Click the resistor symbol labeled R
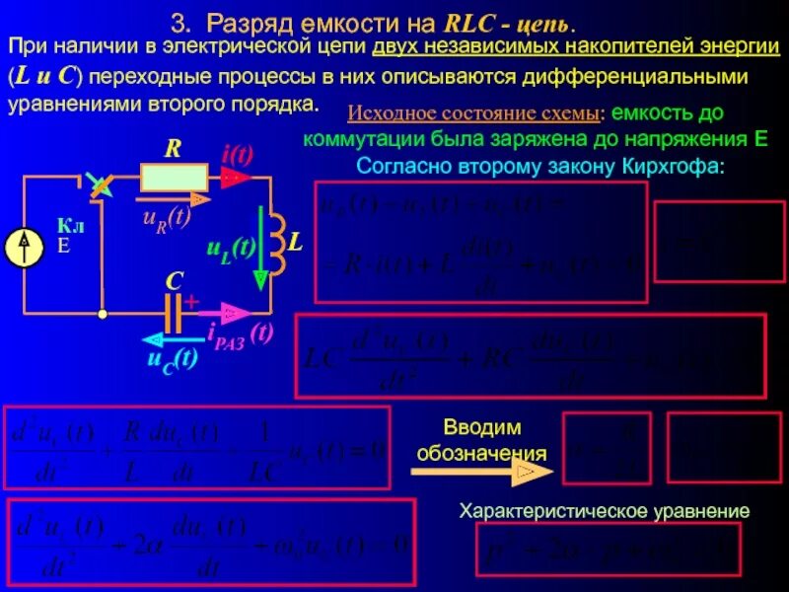coord(175,178)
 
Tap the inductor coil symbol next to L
coord(275,242)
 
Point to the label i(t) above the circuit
coord(238,155)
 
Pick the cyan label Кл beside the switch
coord(70,226)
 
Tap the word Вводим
coord(481,427)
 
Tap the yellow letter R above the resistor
coord(173,149)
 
